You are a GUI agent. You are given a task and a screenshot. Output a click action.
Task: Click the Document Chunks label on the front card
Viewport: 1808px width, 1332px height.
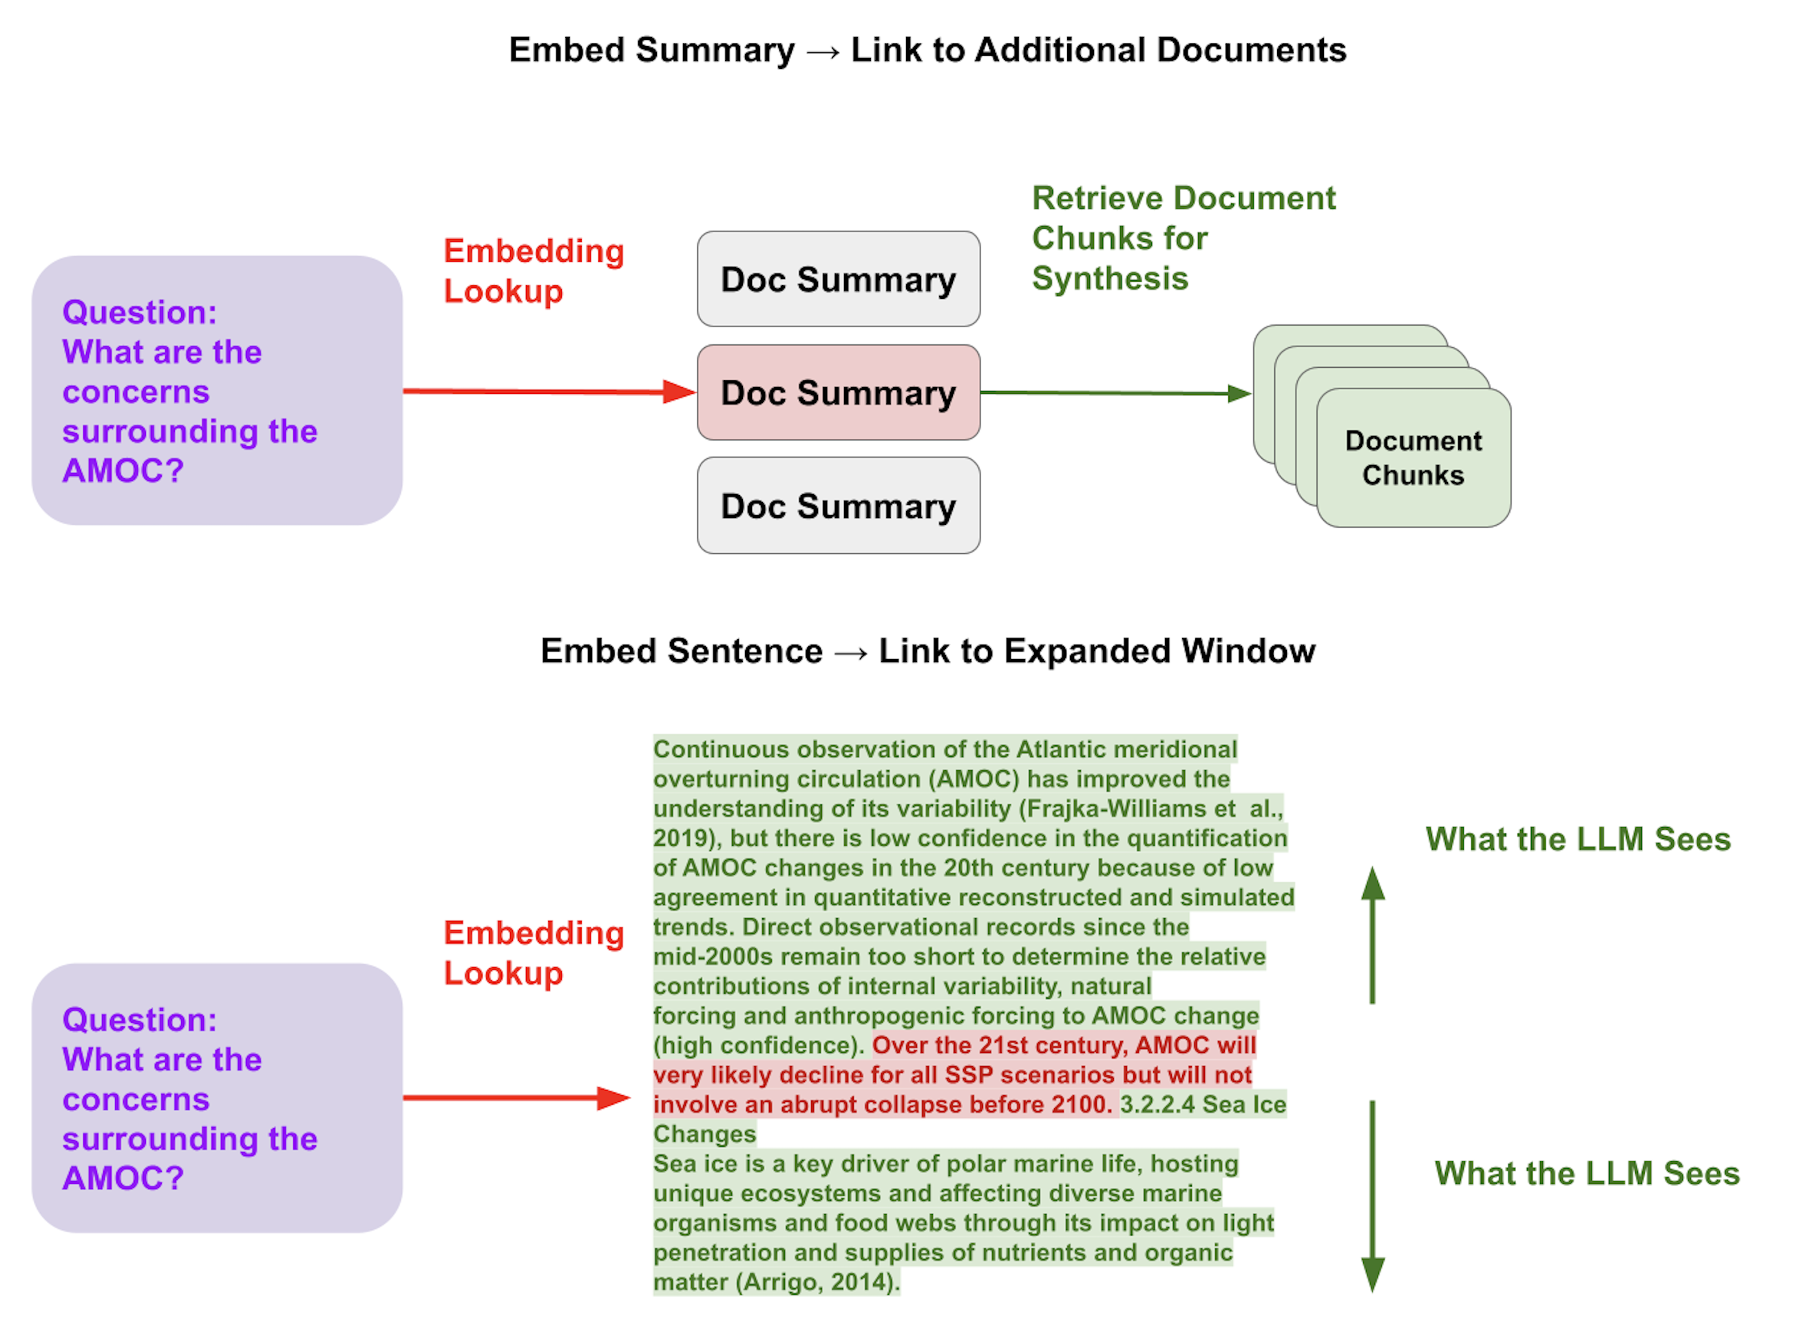pos(1412,457)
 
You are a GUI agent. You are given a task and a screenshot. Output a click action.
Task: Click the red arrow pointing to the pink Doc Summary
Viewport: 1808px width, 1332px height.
pos(548,392)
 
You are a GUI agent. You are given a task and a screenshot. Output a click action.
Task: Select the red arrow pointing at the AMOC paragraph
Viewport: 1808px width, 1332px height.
pos(516,1097)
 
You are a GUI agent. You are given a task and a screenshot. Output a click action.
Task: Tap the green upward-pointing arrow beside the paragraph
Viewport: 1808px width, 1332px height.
pos(1372,935)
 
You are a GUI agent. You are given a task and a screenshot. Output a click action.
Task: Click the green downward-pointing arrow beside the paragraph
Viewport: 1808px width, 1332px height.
pos(1372,1194)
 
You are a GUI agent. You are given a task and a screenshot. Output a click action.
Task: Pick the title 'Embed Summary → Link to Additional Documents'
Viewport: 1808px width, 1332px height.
pos(927,50)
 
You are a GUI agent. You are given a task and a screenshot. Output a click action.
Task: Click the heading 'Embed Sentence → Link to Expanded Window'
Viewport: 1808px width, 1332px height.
pos(927,651)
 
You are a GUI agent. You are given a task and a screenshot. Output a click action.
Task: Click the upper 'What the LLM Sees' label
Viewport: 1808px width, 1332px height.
pos(1577,839)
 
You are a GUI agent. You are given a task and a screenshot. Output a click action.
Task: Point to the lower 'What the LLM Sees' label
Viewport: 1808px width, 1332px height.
pos(1586,1173)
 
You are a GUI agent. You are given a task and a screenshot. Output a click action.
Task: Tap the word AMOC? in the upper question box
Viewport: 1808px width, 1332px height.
pos(123,470)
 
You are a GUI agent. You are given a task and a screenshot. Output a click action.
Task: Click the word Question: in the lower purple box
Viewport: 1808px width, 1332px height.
pos(140,1020)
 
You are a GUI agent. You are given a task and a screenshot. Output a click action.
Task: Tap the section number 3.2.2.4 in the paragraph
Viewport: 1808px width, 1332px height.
pos(1157,1104)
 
